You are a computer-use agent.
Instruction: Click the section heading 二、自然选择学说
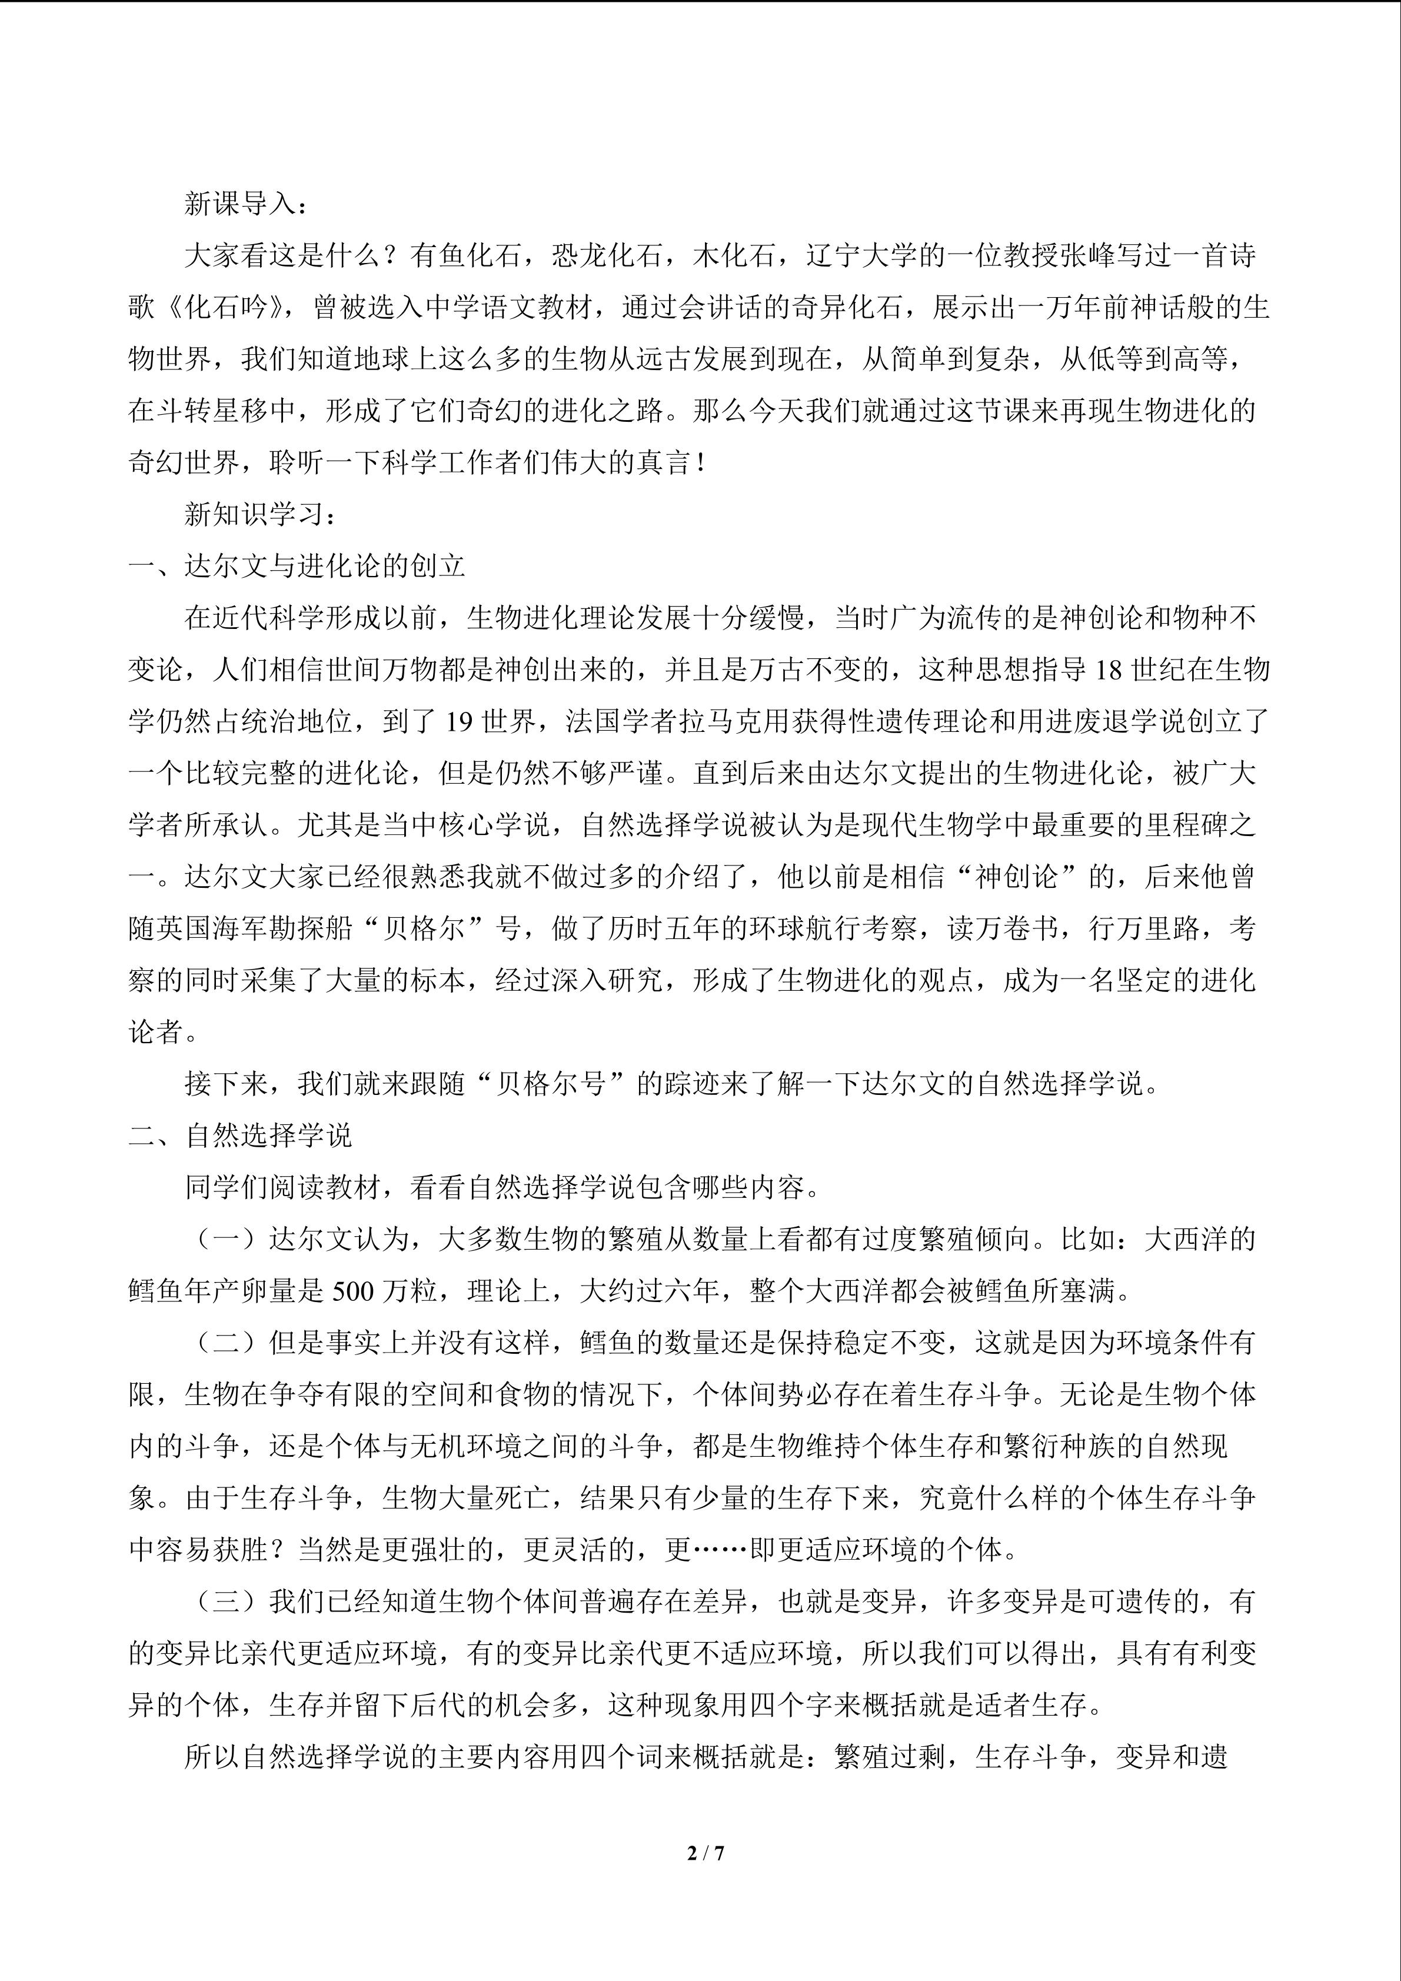pyautogui.click(x=241, y=1136)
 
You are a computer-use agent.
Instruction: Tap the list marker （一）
pyautogui.click(x=226, y=1240)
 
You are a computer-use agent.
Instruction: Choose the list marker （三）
pyautogui.click(x=226, y=1602)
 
